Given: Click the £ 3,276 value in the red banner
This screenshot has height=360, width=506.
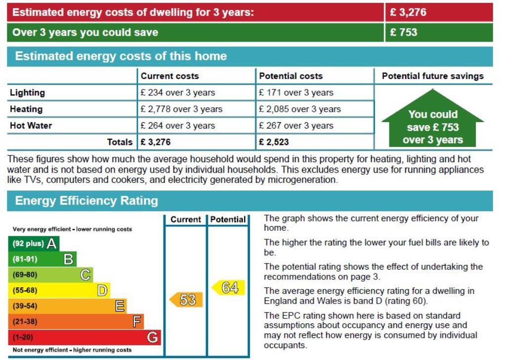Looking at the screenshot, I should click(x=408, y=12).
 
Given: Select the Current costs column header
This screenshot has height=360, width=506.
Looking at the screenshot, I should click(x=169, y=76).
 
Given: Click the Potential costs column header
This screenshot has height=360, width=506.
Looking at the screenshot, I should click(x=291, y=76).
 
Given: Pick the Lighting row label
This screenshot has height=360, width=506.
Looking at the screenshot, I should click(x=27, y=92).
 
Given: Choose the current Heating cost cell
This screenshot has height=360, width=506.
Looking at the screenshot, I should click(x=181, y=109).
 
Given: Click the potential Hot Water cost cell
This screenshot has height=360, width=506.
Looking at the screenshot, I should click(x=295, y=126).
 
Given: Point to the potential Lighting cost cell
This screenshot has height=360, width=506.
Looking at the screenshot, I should click(x=295, y=92).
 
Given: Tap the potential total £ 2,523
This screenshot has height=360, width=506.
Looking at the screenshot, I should click(x=274, y=142).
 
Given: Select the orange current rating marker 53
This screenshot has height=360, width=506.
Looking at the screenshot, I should click(x=186, y=300).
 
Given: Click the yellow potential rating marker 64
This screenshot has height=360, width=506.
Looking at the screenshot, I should click(x=229, y=288).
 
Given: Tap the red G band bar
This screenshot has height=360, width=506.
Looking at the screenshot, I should click(x=84, y=338).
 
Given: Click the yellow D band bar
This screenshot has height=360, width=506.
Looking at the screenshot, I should click(x=59, y=290).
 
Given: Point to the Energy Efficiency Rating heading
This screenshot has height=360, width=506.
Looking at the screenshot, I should click(x=86, y=201).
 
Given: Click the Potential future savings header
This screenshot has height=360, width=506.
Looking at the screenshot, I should click(x=432, y=76).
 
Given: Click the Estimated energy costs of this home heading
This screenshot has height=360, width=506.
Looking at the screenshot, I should click(x=121, y=56).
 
